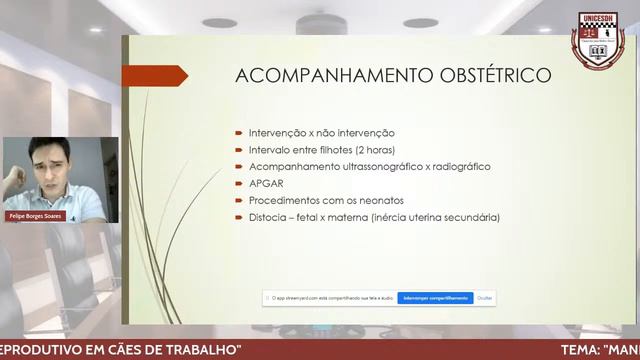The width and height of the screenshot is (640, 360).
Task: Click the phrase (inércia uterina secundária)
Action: click(434, 217)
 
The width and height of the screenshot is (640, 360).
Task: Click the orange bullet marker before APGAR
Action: click(238, 184)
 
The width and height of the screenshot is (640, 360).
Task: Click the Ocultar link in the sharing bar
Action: click(485, 297)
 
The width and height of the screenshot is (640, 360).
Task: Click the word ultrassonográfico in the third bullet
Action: click(371, 167)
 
